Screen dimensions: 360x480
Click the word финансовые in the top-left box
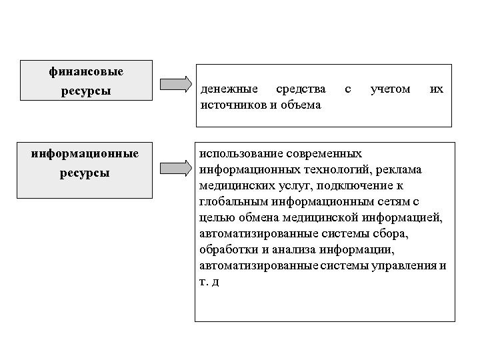coord(87,71)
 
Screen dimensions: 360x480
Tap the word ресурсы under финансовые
coord(87,89)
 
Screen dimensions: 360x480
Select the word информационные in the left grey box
coord(85,154)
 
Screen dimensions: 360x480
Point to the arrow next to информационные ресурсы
coord(175,168)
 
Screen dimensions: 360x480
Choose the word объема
coord(300,104)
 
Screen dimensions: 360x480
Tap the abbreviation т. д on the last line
coord(209,282)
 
